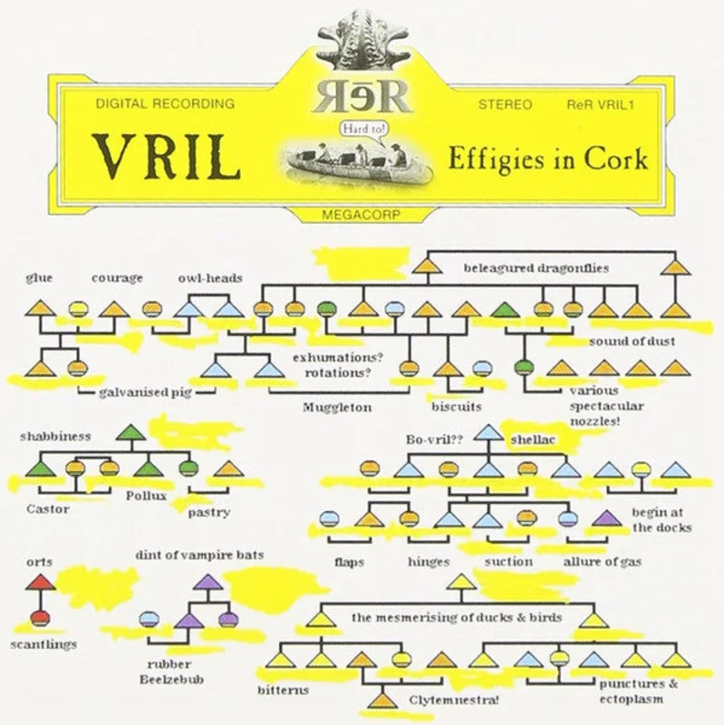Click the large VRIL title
[167, 157]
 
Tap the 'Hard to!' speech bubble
[364, 129]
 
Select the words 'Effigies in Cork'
[548, 159]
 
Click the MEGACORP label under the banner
[361, 215]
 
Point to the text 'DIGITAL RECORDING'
[165, 103]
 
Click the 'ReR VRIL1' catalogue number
[600, 104]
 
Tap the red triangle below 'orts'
[40, 582]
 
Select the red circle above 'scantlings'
[40, 618]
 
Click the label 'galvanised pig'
[145, 393]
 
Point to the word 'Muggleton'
[337, 407]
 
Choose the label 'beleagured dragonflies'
[536, 268]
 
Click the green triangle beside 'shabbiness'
[130, 432]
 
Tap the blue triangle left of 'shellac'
[488, 432]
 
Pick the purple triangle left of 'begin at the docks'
[606, 518]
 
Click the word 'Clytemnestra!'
[454, 700]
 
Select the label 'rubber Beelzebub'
[171, 672]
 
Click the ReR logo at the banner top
[362, 97]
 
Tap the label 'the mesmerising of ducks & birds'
[457, 618]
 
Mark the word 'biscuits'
[457, 406]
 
